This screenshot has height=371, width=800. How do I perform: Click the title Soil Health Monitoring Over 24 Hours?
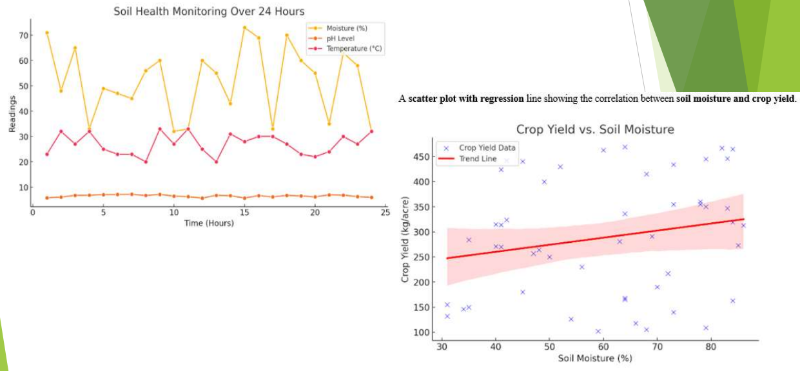[x=209, y=12]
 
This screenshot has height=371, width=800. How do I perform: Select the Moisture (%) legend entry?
[x=346, y=28]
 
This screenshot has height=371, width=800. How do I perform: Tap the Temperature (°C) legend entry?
[x=355, y=48]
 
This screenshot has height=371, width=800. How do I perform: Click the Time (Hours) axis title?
[x=209, y=223]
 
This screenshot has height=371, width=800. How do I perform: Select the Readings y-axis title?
[x=12, y=114]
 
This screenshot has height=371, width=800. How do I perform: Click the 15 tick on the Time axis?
[x=244, y=212]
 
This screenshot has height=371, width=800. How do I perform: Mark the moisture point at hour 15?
[x=244, y=28]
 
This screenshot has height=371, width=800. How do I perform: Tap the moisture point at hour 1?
[x=46, y=33]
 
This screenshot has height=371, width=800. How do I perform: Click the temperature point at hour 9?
[x=160, y=129]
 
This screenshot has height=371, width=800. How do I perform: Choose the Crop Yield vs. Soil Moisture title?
[x=595, y=129]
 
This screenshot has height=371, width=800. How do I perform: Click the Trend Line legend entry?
[x=478, y=158]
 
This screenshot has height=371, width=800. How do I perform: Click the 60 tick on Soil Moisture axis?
[x=603, y=347]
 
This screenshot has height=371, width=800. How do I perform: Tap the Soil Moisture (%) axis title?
[x=594, y=358]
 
